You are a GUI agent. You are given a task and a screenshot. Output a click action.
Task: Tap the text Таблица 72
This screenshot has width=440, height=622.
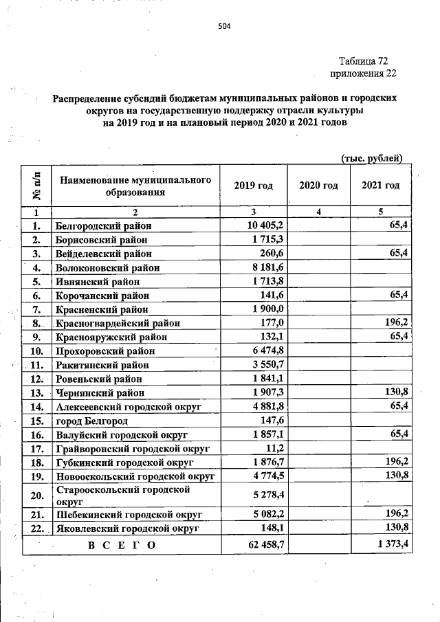[x=363, y=61]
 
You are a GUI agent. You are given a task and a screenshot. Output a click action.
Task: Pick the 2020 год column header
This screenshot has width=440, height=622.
[x=318, y=186]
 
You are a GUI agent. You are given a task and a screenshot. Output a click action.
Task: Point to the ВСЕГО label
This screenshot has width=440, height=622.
[x=122, y=545]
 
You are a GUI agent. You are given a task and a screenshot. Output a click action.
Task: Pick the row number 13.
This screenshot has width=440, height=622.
[x=37, y=392]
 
